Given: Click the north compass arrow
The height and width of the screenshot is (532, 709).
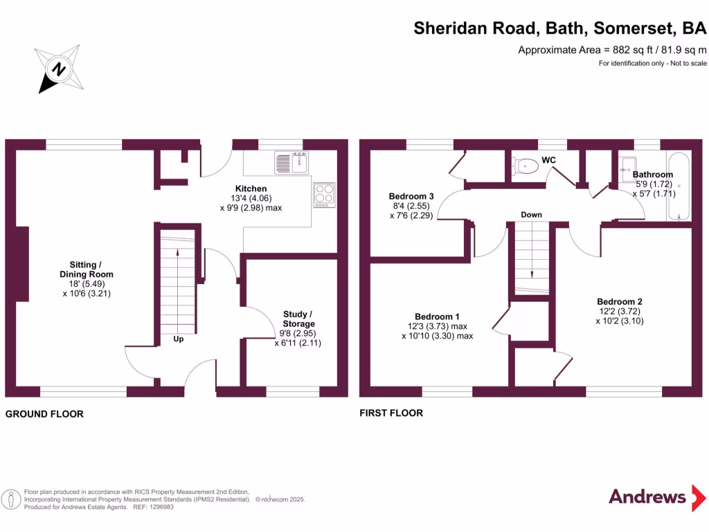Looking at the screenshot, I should point(60,69).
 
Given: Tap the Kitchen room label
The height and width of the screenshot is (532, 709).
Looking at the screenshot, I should point(251,188).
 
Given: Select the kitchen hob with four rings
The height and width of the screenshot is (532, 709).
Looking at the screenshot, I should point(323,194).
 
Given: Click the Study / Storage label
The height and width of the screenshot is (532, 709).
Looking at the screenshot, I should point(298,319).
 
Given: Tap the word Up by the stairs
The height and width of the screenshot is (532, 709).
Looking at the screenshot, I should point(178,339).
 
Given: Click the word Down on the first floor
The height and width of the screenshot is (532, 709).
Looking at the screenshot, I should point(531,215).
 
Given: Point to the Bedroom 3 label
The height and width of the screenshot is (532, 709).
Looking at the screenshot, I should point(411,196).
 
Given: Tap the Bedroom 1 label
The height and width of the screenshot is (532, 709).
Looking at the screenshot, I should point(437,314).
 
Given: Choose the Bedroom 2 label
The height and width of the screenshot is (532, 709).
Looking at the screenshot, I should point(620,301).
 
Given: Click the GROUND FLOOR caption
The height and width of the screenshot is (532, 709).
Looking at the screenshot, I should point(44,414).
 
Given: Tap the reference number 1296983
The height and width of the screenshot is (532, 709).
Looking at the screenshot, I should point(158,507).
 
